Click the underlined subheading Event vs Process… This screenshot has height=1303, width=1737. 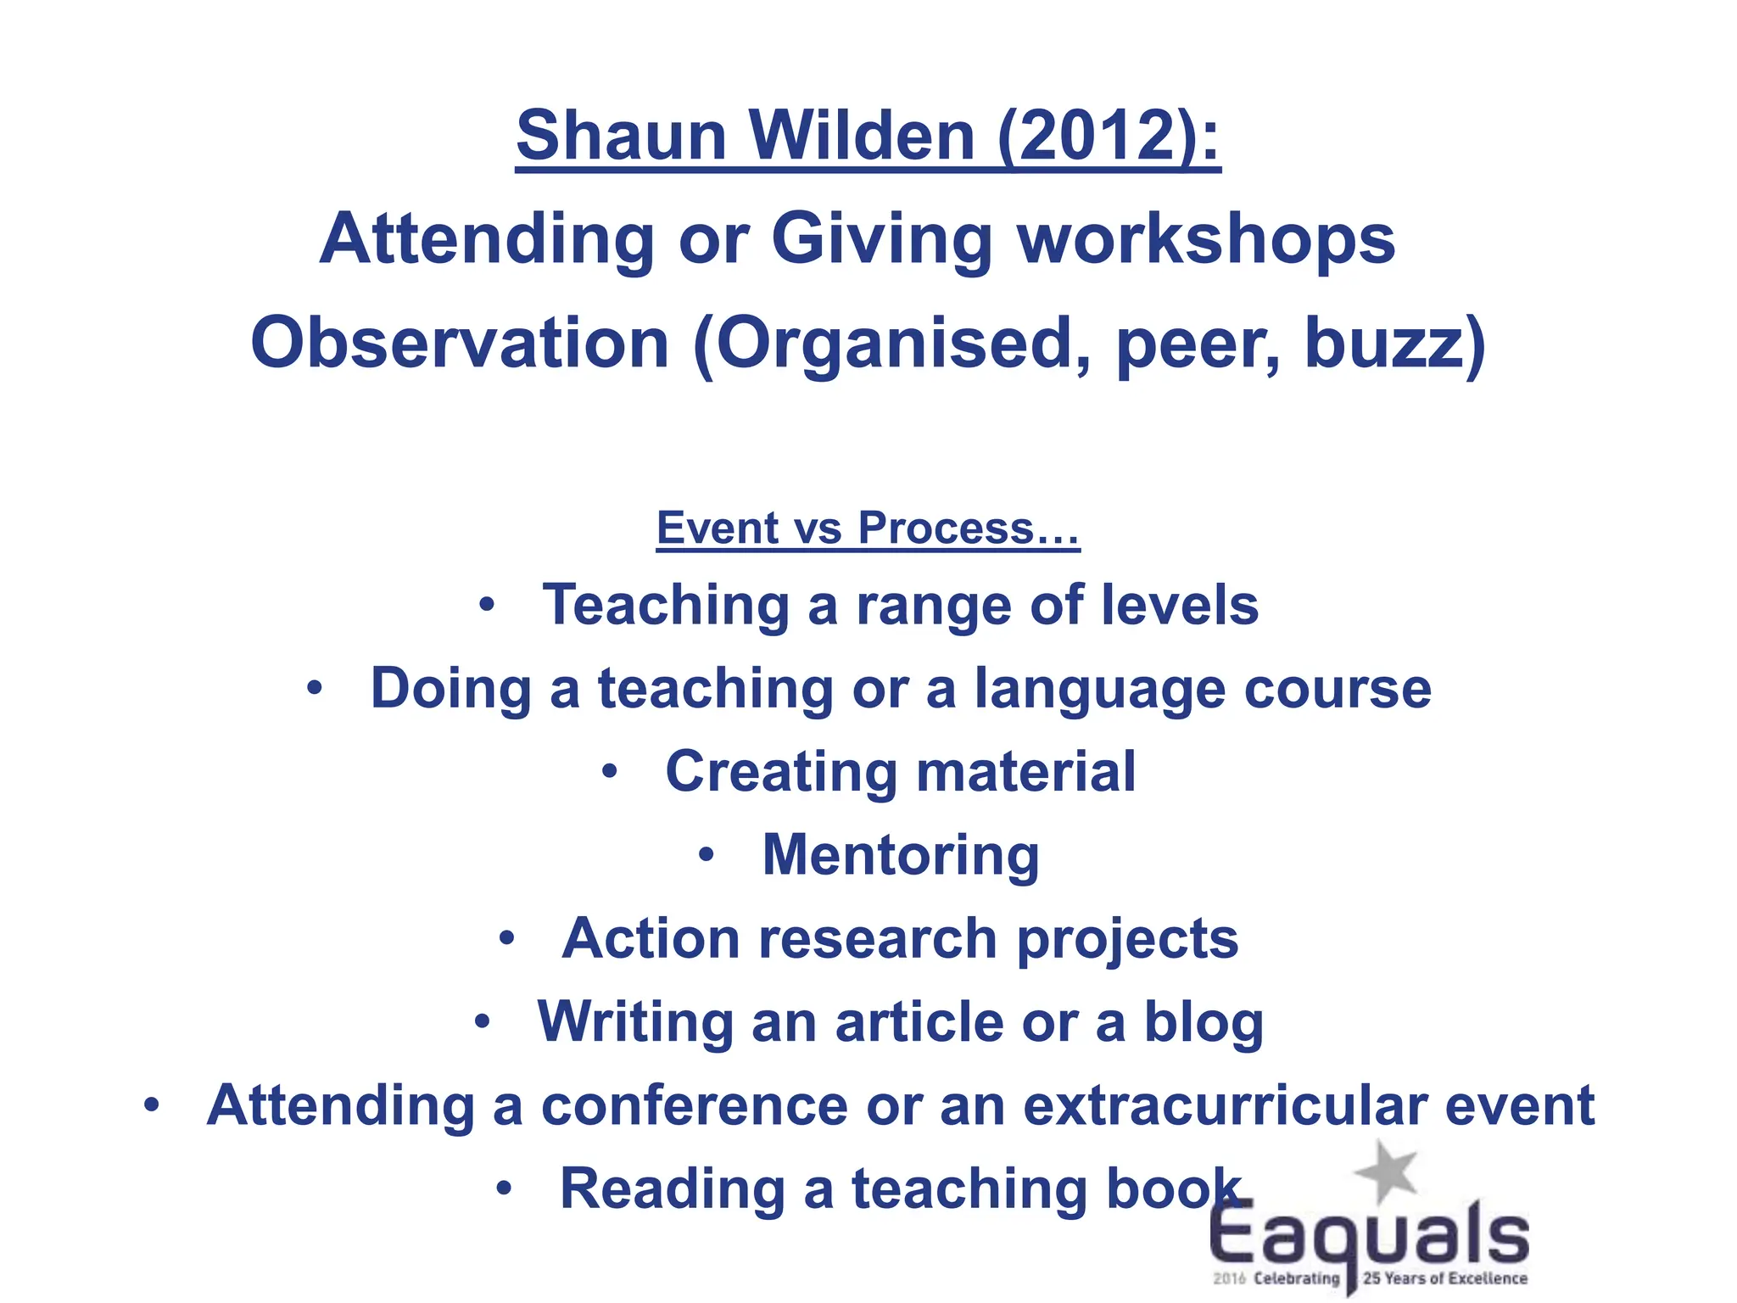868,528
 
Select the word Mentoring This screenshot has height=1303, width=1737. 901,855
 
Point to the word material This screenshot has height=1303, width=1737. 1026,772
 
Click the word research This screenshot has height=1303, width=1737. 878,939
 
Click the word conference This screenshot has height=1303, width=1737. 695,1105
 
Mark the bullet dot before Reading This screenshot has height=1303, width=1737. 505,1188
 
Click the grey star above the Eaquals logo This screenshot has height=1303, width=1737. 1386,1171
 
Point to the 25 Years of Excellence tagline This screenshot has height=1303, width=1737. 1444,1278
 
